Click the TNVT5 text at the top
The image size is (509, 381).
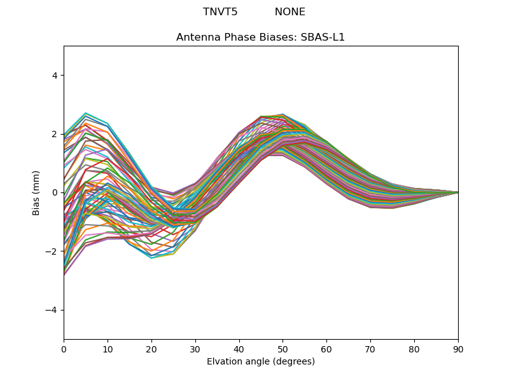click(220, 12)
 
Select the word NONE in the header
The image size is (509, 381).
click(290, 12)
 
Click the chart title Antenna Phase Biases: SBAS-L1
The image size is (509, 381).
click(260, 37)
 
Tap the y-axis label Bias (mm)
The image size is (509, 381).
click(36, 192)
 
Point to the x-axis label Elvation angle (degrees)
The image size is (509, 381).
click(260, 361)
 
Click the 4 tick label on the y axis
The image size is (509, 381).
click(54, 75)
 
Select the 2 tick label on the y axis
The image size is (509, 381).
click(54, 134)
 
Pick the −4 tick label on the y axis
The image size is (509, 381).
click(52, 310)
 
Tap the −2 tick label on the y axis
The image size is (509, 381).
click(52, 251)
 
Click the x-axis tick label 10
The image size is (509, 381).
click(108, 349)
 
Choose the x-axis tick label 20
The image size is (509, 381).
click(151, 349)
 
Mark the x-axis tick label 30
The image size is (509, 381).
click(195, 349)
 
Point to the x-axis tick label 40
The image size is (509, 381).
click(239, 349)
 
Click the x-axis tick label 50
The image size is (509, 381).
click(282, 349)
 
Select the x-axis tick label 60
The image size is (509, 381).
click(326, 349)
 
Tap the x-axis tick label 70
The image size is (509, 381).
click(370, 349)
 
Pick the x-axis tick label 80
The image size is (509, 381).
click(414, 349)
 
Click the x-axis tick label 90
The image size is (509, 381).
click(458, 349)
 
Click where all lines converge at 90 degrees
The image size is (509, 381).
click(457, 192)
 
